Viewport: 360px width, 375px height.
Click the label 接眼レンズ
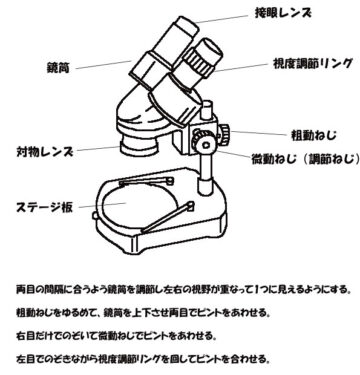tap(284, 13)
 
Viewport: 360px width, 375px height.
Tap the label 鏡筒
tap(59, 68)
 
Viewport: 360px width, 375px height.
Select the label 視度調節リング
tap(313, 63)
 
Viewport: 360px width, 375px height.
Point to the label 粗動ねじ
tap(314, 135)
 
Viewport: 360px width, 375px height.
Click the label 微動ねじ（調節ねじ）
tap(306, 159)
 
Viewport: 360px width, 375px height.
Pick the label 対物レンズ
tap(45, 152)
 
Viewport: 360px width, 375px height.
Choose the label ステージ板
tap(45, 207)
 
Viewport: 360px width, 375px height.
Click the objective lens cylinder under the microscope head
tap(139, 146)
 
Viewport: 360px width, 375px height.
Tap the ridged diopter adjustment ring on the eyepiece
tap(199, 63)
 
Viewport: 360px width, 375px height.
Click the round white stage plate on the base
tap(139, 204)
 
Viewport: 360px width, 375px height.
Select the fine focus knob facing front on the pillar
tap(205, 143)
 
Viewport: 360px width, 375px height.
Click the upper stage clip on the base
tap(147, 181)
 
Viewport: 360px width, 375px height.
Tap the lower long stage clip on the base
tap(167, 217)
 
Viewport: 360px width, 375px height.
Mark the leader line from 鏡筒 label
tap(104, 64)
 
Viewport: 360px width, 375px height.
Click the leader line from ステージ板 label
tap(102, 205)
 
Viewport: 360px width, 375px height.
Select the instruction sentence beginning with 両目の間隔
tap(184, 289)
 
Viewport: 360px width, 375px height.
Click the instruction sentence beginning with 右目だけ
tap(116, 336)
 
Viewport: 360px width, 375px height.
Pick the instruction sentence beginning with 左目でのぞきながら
tap(142, 359)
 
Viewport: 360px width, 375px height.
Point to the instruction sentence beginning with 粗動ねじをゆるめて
tap(143, 313)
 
